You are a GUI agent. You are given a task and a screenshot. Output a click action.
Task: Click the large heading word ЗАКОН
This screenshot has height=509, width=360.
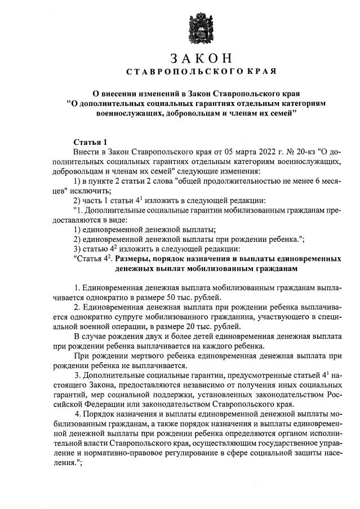click(201, 59)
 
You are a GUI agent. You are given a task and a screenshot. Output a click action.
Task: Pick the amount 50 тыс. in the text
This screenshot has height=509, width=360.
click(185, 297)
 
